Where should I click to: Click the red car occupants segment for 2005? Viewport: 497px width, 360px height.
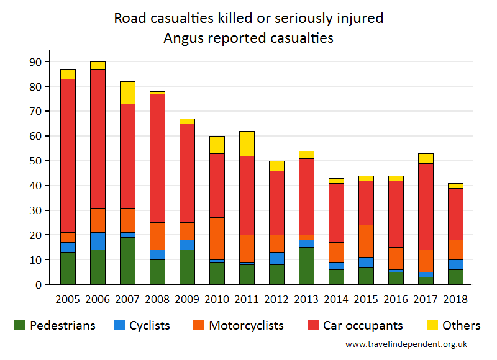[x=68, y=156]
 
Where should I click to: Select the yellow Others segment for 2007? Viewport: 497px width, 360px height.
[x=127, y=92]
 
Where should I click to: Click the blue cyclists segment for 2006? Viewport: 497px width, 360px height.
[x=98, y=241]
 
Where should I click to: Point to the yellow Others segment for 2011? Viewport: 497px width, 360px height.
[x=247, y=143]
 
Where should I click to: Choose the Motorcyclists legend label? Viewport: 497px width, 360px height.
[x=246, y=325]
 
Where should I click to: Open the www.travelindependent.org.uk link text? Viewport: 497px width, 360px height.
[x=406, y=344]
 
